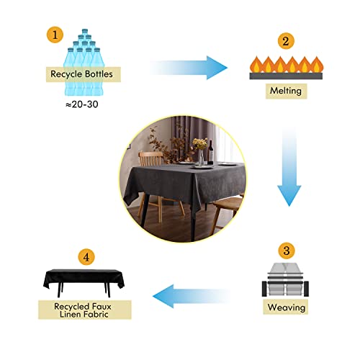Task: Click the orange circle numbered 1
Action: point(55,35)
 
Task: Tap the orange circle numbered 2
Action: point(286,41)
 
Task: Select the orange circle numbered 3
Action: point(287,251)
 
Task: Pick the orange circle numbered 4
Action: point(86,257)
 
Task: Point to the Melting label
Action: point(286,91)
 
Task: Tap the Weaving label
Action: point(286,307)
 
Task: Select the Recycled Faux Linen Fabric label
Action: point(85,310)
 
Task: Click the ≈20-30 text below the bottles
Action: point(82,104)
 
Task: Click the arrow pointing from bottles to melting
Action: point(189,68)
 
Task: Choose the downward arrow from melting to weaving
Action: point(289,168)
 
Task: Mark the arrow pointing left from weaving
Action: point(192,296)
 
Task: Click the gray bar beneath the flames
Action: point(286,76)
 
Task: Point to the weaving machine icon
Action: point(285,280)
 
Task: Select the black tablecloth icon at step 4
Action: point(84,283)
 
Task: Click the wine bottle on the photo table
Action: point(211,153)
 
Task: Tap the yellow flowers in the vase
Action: point(200,144)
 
